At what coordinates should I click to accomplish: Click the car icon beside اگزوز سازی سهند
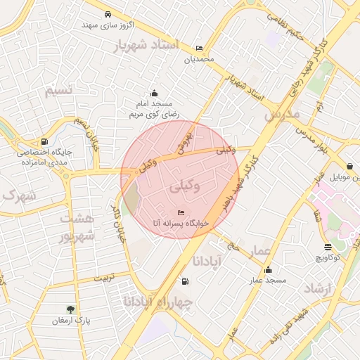(x=107, y=14)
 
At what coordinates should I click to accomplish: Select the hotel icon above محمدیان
(x=199, y=49)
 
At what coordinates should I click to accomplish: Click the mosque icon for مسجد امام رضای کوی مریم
(x=155, y=94)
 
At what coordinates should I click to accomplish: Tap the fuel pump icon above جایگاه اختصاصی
(x=45, y=141)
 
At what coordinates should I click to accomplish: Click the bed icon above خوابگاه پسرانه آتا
(x=181, y=212)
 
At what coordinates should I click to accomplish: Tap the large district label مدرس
(x=281, y=112)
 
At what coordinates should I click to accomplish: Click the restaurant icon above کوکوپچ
(x=328, y=247)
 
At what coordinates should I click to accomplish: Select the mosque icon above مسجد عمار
(x=268, y=270)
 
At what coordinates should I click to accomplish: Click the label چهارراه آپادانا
(x=162, y=301)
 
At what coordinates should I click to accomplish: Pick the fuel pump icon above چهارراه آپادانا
(x=185, y=281)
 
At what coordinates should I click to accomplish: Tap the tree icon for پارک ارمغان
(x=70, y=309)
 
